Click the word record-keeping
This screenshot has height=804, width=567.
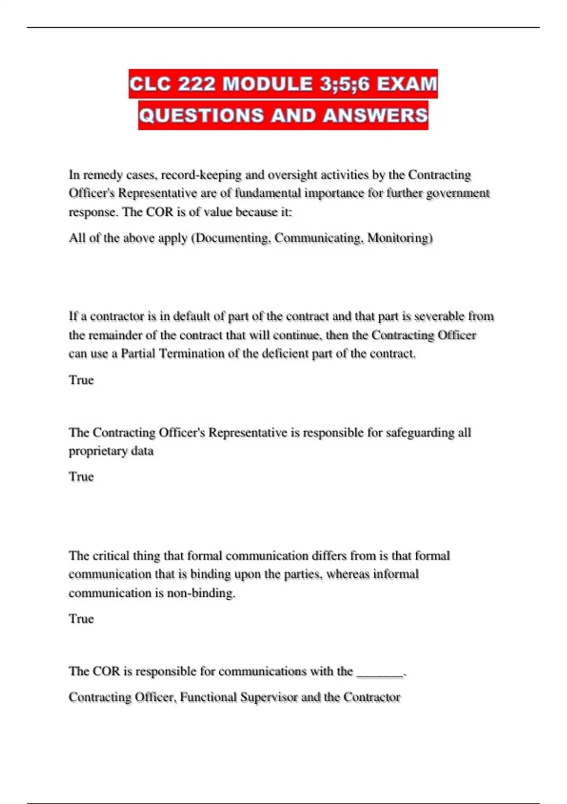[x=202, y=175]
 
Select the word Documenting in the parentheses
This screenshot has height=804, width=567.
[x=232, y=237]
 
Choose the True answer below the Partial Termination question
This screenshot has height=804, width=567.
[x=81, y=380]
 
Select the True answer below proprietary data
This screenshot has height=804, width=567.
[x=81, y=476]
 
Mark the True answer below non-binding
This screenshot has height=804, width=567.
[x=81, y=619]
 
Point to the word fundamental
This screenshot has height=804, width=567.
[x=268, y=193]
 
